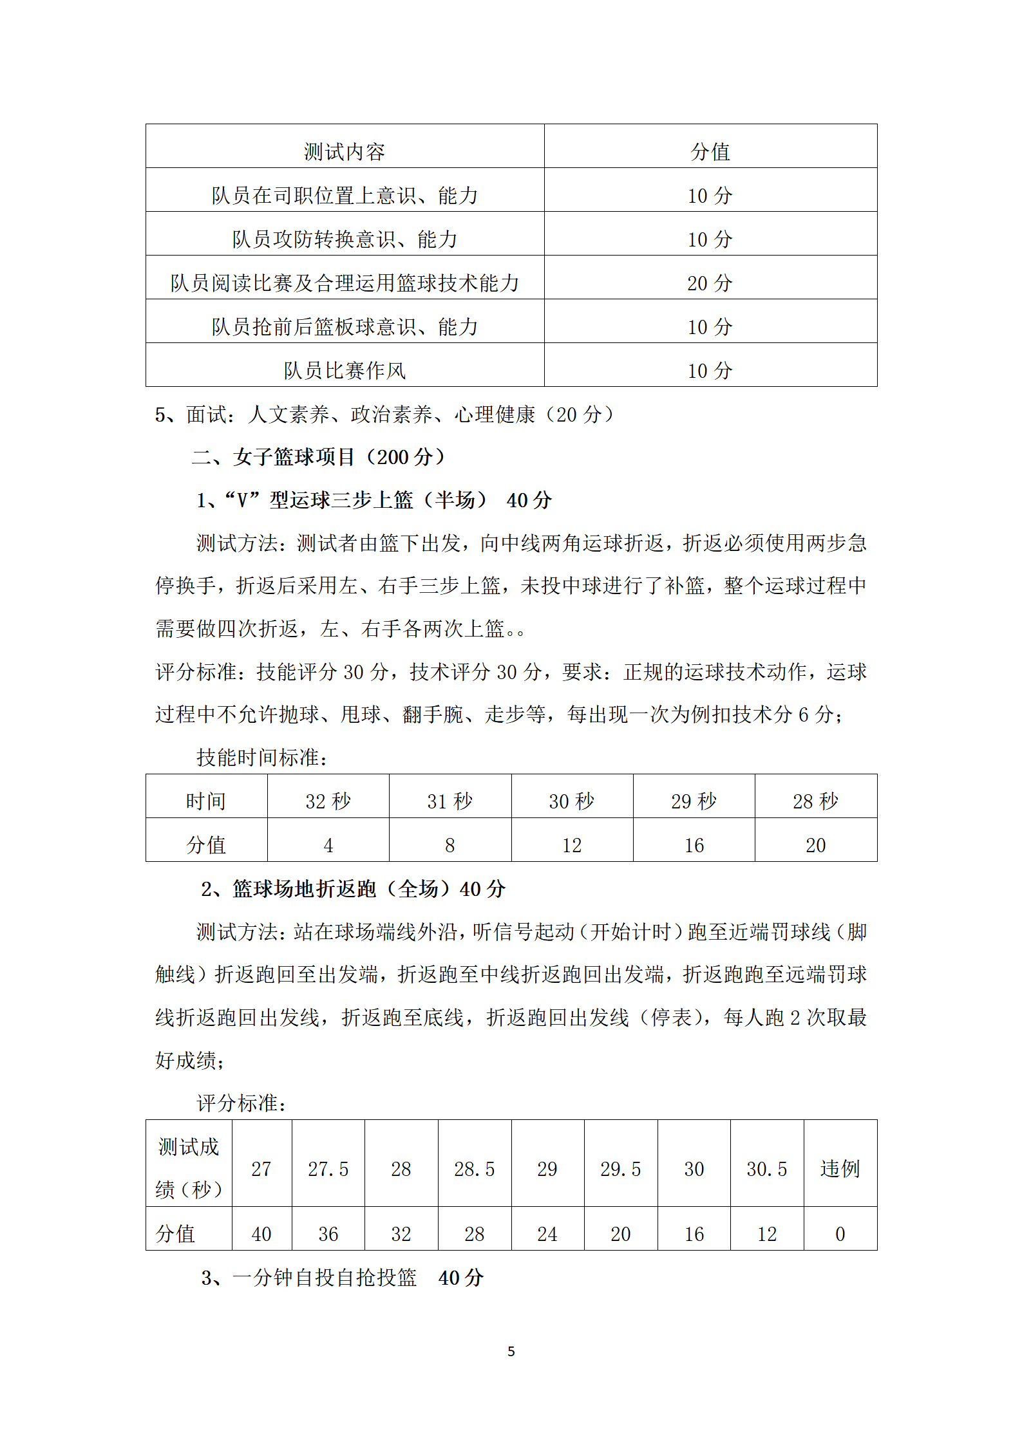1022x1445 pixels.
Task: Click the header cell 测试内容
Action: pos(345,152)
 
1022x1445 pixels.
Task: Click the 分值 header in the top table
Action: pos(710,152)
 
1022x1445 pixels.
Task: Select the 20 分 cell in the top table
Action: pos(710,283)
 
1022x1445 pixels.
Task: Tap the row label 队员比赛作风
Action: pos(345,371)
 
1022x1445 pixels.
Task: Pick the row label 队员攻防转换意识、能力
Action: pos(345,239)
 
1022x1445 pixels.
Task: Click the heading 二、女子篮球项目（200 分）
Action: pos(319,457)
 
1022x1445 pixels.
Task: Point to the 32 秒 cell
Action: pos(328,801)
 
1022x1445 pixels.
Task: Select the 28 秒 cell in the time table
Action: pos(815,801)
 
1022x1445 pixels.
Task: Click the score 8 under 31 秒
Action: pos(449,845)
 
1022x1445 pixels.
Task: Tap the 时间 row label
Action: pos(206,801)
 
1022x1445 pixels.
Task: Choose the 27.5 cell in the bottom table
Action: pos(328,1169)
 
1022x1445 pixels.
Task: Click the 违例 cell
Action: pos(840,1169)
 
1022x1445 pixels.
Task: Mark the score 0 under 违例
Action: pos(840,1234)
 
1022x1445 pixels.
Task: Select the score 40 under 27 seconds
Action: pos(261,1234)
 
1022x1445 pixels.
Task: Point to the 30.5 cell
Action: pos(766,1169)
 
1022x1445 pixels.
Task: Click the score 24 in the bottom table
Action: pos(547,1234)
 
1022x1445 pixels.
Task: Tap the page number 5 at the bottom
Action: pos(511,1352)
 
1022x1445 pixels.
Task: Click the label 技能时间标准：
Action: pos(262,758)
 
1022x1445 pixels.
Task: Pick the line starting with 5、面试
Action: pos(384,415)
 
